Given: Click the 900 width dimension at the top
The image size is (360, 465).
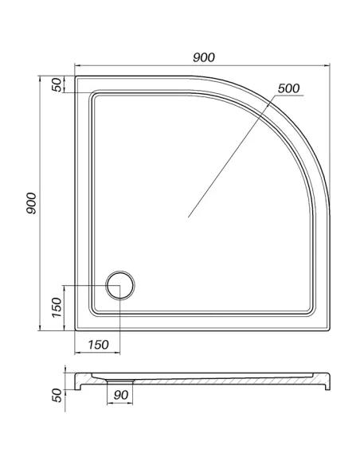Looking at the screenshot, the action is [x=204, y=57].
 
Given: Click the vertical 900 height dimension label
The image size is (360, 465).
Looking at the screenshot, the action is [x=31, y=203].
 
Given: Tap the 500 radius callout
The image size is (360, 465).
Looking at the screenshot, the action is [x=289, y=88].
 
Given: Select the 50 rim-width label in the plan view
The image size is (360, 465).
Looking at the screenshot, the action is [x=57, y=84].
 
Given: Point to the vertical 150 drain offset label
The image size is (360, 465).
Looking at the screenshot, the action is [x=57, y=307].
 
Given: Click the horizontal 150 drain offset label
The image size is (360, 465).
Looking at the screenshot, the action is [x=99, y=345].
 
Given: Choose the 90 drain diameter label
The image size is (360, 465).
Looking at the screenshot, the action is [x=121, y=395].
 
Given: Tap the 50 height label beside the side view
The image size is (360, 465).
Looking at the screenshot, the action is [x=57, y=395].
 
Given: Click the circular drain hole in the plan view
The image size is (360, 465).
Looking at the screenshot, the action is [x=120, y=286].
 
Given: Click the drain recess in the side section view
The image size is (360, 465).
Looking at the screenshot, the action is [x=119, y=381].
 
